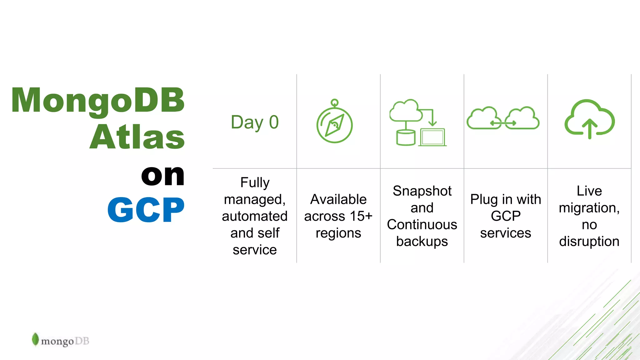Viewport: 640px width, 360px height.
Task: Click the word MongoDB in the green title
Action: (x=98, y=101)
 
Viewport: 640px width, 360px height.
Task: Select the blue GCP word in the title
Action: (x=146, y=210)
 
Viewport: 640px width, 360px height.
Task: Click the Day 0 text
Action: (x=255, y=122)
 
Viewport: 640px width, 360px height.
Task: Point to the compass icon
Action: (x=334, y=125)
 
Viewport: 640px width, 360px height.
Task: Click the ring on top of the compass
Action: (x=334, y=102)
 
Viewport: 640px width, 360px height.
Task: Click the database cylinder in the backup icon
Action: (x=405, y=138)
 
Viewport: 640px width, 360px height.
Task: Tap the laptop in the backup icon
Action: (x=432, y=137)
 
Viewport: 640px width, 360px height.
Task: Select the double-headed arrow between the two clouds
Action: (x=503, y=123)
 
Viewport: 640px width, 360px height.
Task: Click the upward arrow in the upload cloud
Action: (x=590, y=128)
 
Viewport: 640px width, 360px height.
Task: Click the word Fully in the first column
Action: (x=255, y=182)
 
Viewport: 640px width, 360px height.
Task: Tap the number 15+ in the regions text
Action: (x=361, y=216)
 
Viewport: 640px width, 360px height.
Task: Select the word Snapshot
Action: (x=422, y=191)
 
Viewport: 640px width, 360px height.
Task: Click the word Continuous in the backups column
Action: (x=422, y=225)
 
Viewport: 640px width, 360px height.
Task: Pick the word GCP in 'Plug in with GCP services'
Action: (x=505, y=216)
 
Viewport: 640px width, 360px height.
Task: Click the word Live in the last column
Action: (x=589, y=191)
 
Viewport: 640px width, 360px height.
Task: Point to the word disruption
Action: (x=589, y=242)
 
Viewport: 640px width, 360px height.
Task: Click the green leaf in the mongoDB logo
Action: (x=35, y=339)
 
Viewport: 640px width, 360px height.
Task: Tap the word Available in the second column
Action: (x=338, y=199)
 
